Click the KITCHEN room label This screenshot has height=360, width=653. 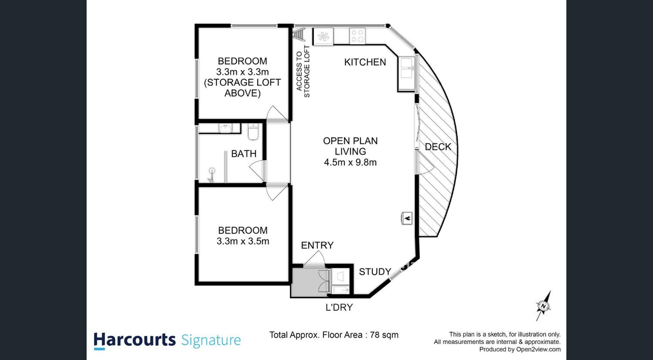(365, 62)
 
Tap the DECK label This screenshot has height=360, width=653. (438, 147)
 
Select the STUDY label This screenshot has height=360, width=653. (375, 272)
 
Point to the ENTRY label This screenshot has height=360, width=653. (317, 245)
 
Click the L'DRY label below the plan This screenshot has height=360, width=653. (339, 307)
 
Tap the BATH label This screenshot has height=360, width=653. (244, 154)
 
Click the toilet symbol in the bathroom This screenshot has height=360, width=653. (253, 132)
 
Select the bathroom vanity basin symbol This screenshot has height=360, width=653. (225, 128)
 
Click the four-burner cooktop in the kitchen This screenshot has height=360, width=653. (357, 36)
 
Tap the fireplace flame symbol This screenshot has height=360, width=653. (407, 218)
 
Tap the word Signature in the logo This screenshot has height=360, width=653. (211, 341)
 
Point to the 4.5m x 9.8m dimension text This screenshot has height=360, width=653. (350, 162)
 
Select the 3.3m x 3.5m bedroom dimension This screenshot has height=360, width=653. (243, 241)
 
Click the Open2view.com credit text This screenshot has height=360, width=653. (538, 349)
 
